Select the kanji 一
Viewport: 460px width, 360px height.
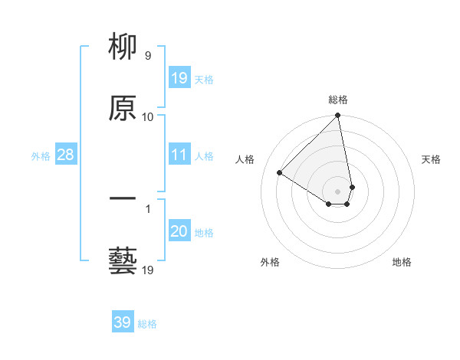click(x=123, y=199)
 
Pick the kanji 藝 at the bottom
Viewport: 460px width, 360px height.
click(x=123, y=260)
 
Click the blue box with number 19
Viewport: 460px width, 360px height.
click(x=179, y=78)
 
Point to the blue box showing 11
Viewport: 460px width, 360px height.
click(x=179, y=155)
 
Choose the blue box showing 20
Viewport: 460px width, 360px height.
click(x=179, y=231)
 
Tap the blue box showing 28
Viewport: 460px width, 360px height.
click(x=66, y=155)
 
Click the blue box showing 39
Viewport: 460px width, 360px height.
click(x=123, y=322)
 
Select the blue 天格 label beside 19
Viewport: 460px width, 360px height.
click(x=204, y=80)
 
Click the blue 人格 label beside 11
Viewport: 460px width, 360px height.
click(x=204, y=156)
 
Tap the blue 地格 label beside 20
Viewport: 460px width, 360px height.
click(x=204, y=233)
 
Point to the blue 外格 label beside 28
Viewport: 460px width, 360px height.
click(x=41, y=156)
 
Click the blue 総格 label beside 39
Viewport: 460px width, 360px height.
click(x=147, y=324)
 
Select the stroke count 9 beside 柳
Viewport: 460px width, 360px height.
click(x=147, y=56)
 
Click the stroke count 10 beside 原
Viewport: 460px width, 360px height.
click(x=147, y=117)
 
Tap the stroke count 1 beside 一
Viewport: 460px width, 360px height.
click(x=147, y=208)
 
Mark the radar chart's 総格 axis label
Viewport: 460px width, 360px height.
click(x=338, y=100)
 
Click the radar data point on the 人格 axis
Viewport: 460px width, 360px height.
click(x=280, y=173)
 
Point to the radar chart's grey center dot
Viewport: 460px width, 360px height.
click(x=338, y=191)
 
